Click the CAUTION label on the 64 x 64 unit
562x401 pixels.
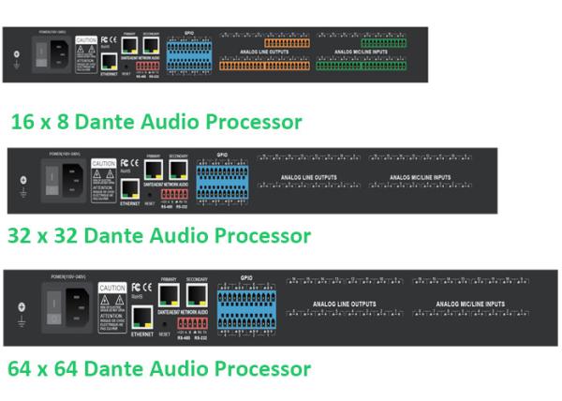point(112,289)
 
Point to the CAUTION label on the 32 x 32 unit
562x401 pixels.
point(104,164)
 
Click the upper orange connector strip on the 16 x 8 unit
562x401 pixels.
point(286,43)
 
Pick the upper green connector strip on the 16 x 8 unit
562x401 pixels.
point(383,43)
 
